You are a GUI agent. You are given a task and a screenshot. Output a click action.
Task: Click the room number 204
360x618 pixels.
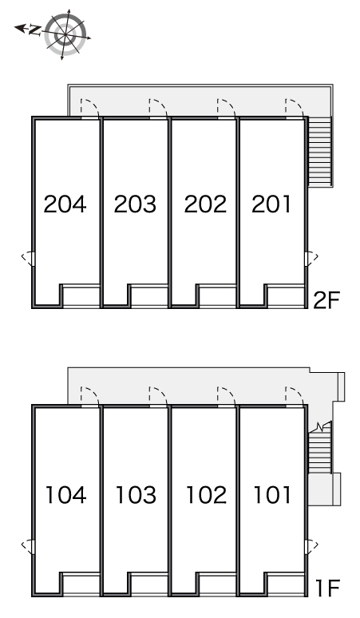click(x=65, y=204)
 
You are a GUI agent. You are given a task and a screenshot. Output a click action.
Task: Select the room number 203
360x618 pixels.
click(x=135, y=204)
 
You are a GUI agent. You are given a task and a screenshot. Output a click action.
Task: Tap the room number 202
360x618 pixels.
click(x=205, y=204)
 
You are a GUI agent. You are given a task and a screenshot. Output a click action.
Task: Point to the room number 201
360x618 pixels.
click(x=271, y=204)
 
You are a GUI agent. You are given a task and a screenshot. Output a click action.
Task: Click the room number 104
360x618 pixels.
click(x=65, y=494)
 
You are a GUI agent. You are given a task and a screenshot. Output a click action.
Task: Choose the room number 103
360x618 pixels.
click(x=136, y=494)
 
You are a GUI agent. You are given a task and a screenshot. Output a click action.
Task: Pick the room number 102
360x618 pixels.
click(x=206, y=494)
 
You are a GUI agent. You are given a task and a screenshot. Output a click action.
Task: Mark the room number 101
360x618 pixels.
click(x=272, y=494)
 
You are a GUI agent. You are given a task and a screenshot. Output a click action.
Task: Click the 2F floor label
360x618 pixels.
click(x=326, y=300)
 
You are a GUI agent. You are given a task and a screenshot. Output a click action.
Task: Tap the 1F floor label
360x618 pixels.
click(x=328, y=588)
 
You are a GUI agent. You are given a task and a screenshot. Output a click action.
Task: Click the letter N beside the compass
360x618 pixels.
click(x=35, y=30)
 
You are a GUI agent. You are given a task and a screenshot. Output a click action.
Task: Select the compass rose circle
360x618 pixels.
click(x=65, y=34)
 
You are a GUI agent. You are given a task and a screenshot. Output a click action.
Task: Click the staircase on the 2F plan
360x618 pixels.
click(x=320, y=152)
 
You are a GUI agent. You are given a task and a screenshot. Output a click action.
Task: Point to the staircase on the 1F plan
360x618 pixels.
click(x=319, y=450)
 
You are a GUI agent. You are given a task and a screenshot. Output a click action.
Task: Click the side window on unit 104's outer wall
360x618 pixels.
click(x=29, y=546)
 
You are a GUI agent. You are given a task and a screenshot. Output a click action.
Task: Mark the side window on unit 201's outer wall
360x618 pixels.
click(x=311, y=259)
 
